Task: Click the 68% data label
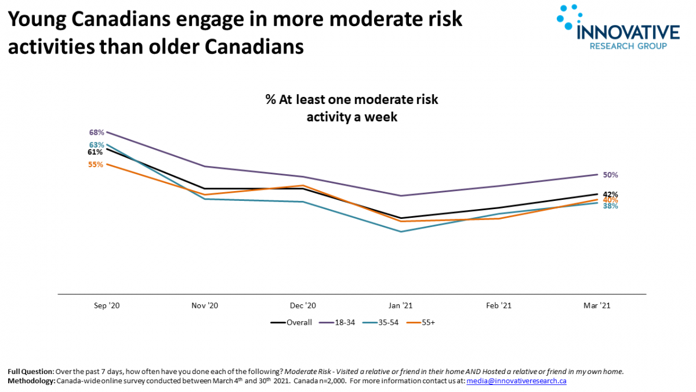[x=96, y=132]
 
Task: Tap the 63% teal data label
[x=96, y=145]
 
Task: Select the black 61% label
[x=96, y=152]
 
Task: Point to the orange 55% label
[x=96, y=164]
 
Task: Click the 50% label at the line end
[x=610, y=175]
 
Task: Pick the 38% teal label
[x=610, y=206]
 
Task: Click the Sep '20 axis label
[x=107, y=305]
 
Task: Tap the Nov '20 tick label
[x=205, y=305]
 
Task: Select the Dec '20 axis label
[x=303, y=305]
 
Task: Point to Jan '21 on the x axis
[x=401, y=305]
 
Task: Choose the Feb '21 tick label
[x=499, y=305]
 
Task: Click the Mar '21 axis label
[x=597, y=305]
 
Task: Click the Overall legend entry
[x=292, y=322]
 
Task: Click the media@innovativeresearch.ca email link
[x=516, y=381]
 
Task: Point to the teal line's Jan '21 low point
[x=401, y=232]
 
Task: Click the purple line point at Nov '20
[x=205, y=167]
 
